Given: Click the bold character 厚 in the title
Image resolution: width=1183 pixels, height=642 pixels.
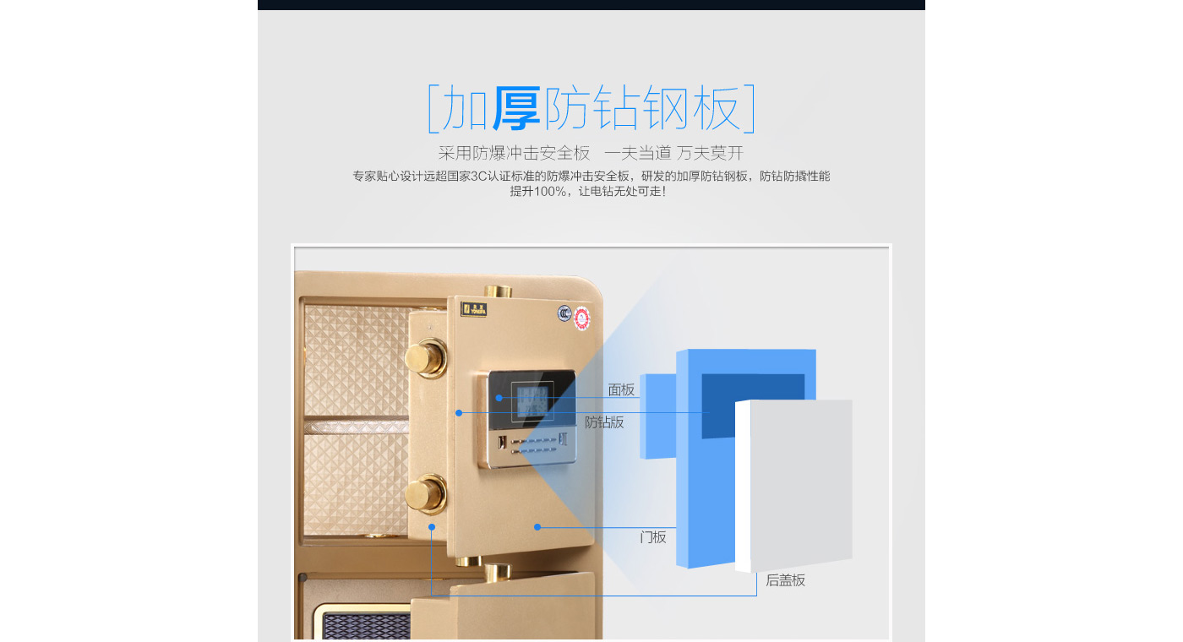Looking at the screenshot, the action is click(x=516, y=108).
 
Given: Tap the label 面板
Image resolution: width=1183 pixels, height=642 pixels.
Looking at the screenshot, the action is click(x=621, y=390).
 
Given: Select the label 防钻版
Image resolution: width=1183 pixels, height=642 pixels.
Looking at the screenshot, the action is click(x=604, y=422).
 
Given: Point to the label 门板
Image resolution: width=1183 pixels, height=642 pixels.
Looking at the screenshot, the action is click(x=652, y=537).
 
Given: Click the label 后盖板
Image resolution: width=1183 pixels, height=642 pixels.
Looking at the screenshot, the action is click(x=785, y=580).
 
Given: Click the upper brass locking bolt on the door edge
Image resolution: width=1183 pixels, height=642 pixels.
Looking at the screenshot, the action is click(x=426, y=358).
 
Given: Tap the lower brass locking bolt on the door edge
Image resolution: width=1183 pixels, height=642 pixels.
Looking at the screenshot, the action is click(x=426, y=494).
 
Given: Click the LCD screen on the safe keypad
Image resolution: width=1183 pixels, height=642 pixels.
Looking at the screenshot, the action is click(x=532, y=400).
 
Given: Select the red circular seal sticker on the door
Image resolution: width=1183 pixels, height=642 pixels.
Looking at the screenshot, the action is click(x=582, y=318).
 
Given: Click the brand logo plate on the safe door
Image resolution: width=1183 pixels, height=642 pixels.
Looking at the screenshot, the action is click(x=473, y=309).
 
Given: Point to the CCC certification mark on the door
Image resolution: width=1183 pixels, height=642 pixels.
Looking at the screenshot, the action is click(x=564, y=313).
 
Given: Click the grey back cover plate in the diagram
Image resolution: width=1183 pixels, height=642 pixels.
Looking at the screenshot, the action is click(x=793, y=486).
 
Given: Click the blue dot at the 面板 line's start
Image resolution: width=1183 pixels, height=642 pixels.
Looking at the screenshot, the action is click(x=499, y=398).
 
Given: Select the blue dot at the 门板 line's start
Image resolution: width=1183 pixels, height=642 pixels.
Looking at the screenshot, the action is click(x=537, y=527).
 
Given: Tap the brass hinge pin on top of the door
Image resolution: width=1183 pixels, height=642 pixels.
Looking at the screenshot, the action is click(x=499, y=291).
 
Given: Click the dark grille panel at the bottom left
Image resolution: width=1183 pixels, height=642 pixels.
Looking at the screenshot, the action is click(x=366, y=626).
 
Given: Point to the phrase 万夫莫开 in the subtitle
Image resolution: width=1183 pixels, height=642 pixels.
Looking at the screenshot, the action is click(x=710, y=153).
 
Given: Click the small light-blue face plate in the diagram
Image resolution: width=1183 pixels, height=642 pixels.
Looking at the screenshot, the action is click(x=658, y=416).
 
